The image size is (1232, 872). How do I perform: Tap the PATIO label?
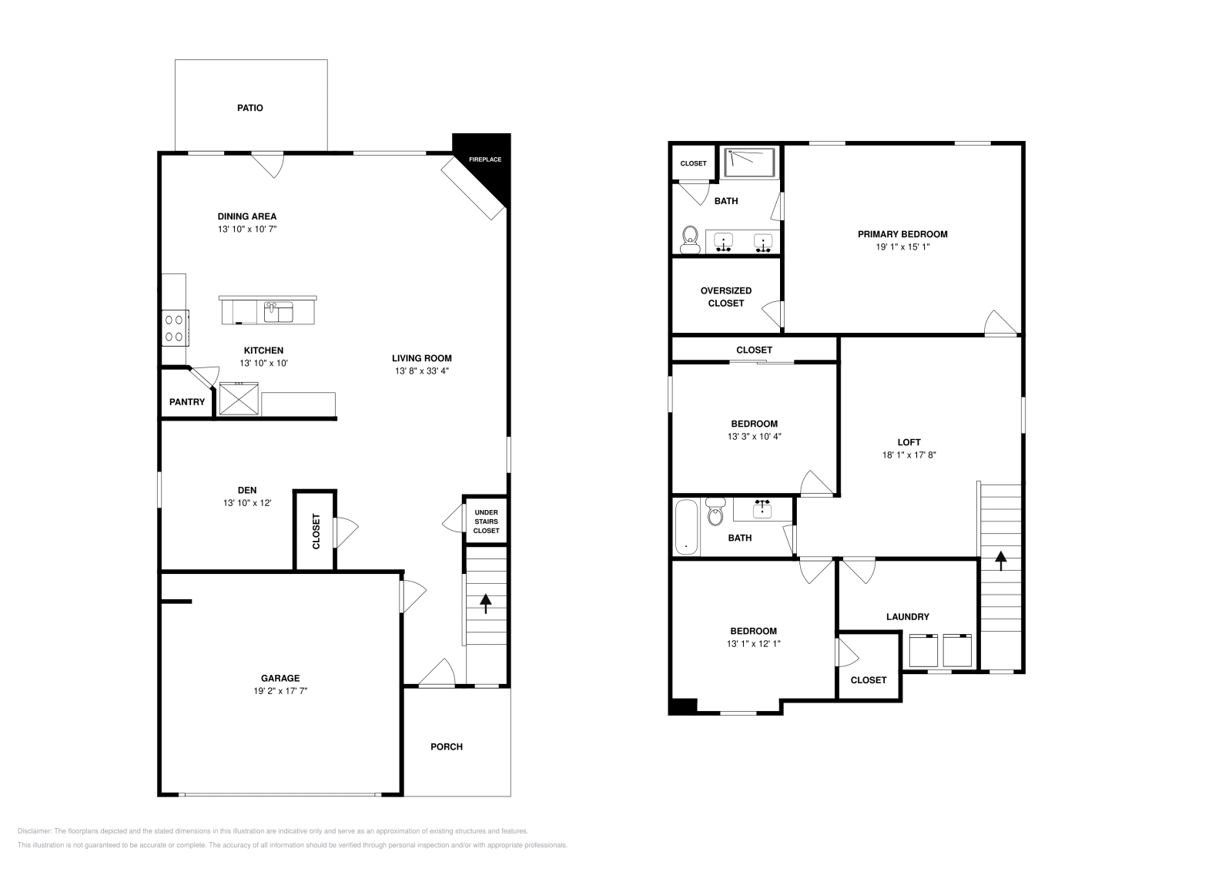coord(249,108)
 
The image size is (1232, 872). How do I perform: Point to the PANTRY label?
coord(187,402)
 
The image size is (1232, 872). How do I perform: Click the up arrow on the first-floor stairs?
coord(486,602)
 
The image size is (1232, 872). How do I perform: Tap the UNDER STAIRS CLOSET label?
coord(486,522)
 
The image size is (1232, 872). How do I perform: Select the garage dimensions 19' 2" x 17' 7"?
coord(280,692)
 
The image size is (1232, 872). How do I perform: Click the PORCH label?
coord(447,746)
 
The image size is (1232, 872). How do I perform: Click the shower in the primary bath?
coord(750,163)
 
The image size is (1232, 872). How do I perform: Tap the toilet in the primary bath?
coord(689,239)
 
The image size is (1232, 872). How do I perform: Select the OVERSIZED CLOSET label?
coord(726,297)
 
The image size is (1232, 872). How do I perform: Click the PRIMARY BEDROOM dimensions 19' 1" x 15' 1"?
coord(902,247)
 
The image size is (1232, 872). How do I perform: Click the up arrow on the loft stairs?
coord(1001,560)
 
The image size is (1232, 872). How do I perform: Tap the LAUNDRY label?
coord(907,616)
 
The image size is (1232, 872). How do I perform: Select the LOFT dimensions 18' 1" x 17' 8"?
coord(909,455)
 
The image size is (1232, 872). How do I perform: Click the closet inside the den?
coord(315,532)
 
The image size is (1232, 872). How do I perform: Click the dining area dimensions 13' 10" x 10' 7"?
coord(246,230)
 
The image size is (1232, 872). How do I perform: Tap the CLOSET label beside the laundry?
coord(869,680)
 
